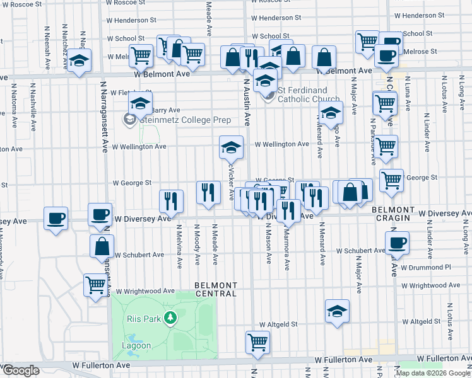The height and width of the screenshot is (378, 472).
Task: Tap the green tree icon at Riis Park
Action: pos(169,318)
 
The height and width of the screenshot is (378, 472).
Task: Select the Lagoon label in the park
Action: pos(136,345)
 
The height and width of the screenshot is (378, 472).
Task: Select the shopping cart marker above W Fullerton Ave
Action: pos(257,342)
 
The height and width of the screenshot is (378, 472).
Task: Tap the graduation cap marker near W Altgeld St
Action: pos(337,310)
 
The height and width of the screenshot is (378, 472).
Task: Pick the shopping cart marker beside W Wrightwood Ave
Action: pos(95,284)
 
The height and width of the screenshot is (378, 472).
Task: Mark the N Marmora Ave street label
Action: pos(287,243)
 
